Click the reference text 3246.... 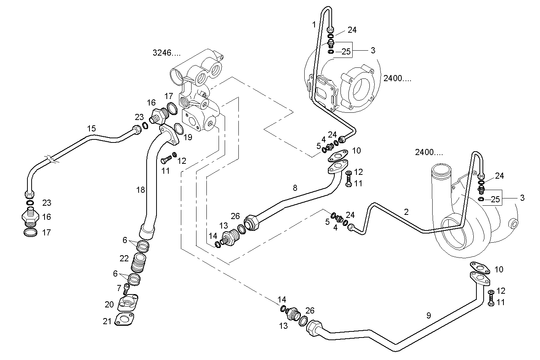coord(166,53)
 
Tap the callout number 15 coord(91,128)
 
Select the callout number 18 coord(141,189)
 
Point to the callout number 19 coord(188,137)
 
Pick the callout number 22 coord(124,258)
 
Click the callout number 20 coord(109,304)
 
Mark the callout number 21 coord(107,322)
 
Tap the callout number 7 coord(119,287)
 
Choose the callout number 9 coord(428,315)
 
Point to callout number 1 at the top coord(314,25)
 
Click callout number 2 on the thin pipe coord(406,212)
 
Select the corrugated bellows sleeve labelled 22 coord(139,262)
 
